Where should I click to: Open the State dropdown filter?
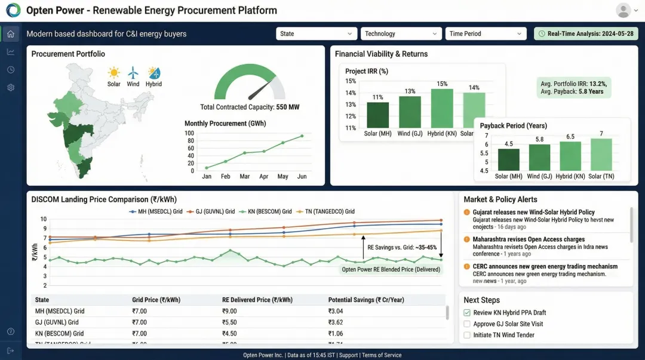316,34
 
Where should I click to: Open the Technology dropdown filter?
401,34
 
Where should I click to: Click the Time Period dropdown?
486,34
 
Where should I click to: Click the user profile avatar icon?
623,10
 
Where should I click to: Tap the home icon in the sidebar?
11,33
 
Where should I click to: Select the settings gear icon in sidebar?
11,88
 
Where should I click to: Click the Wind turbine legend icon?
133,73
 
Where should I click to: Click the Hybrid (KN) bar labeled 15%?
442,108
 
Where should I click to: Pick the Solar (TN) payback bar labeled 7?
601,155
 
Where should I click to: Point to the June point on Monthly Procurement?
302,136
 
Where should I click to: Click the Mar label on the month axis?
245,177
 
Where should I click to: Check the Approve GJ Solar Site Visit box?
467,324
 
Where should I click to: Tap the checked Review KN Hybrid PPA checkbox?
467,312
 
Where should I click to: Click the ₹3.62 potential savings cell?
336,322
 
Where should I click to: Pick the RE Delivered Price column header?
257,300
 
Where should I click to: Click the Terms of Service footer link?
382,355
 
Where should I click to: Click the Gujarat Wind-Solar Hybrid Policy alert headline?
533,212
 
